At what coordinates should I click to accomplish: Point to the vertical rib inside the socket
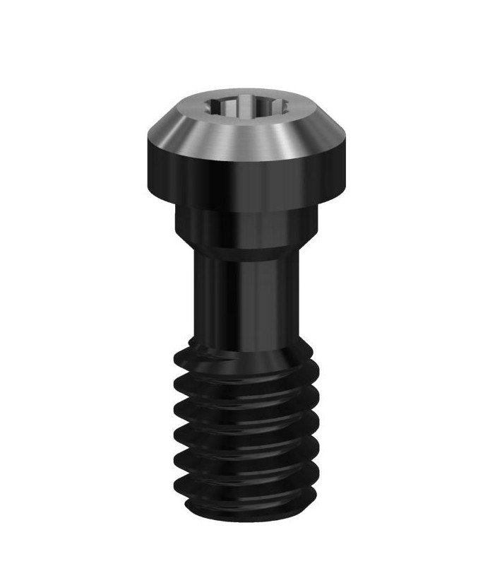(232, 110)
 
